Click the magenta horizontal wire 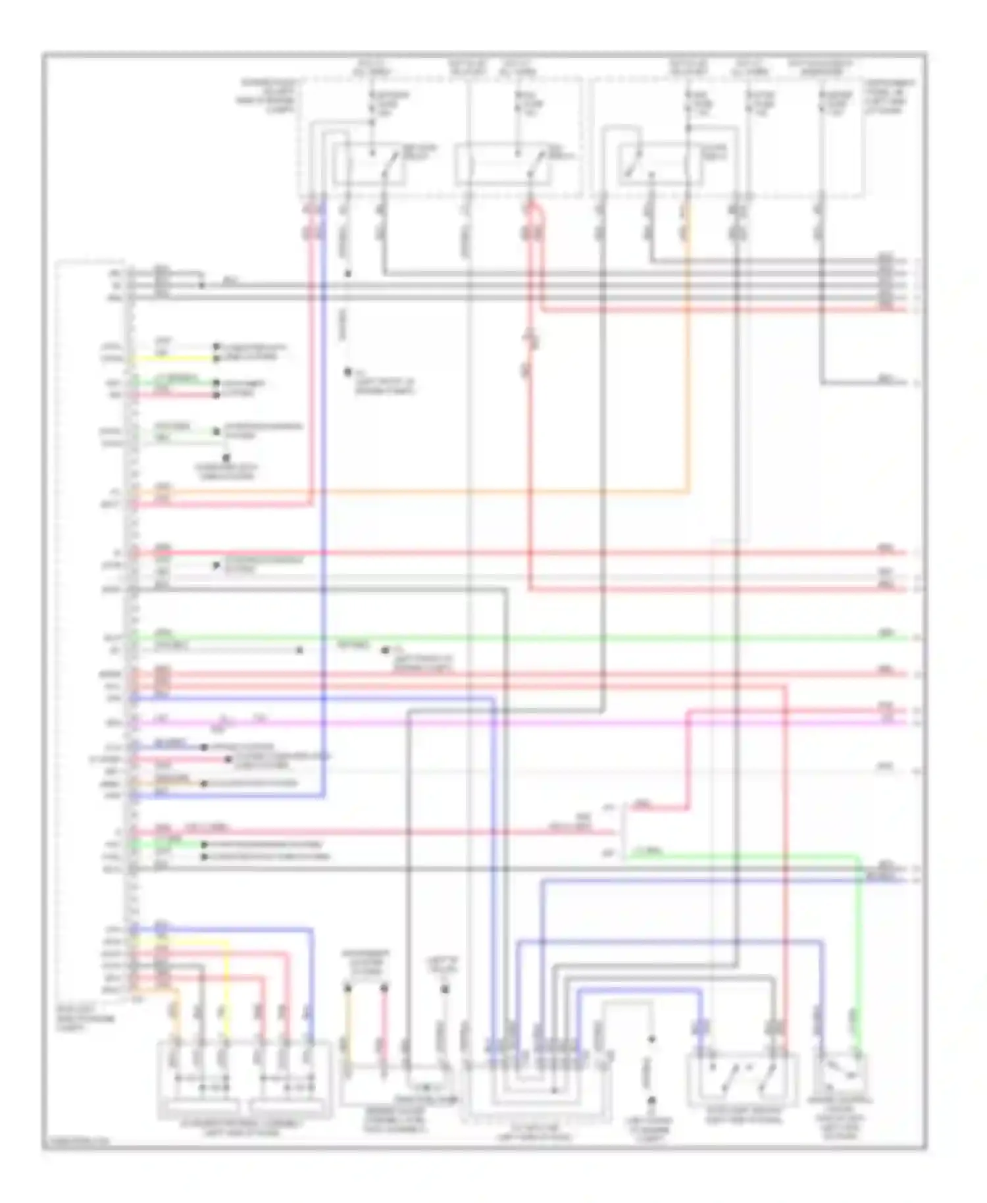click(x=526, y=723)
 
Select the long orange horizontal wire click(x=408, y=491)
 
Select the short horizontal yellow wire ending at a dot click(x=174, y=359)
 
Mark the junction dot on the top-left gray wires click(x=202, y=285)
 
